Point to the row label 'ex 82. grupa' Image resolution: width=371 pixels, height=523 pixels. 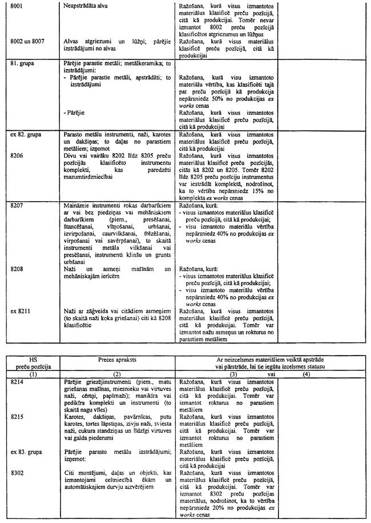pyautogui.click(x=26, y=134)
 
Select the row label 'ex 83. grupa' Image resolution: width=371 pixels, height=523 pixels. pyautogui.click(x=26, y=452)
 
